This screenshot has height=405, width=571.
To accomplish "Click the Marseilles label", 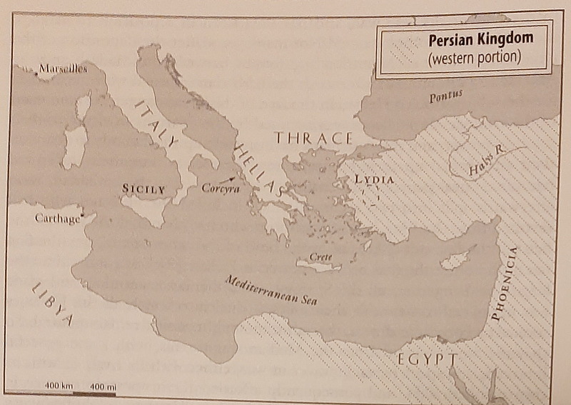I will point(63,69).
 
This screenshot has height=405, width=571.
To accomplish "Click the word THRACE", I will point(315,139).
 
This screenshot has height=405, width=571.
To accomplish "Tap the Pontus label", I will point(445,95).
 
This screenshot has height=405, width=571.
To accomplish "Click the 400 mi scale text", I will point(103,386).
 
